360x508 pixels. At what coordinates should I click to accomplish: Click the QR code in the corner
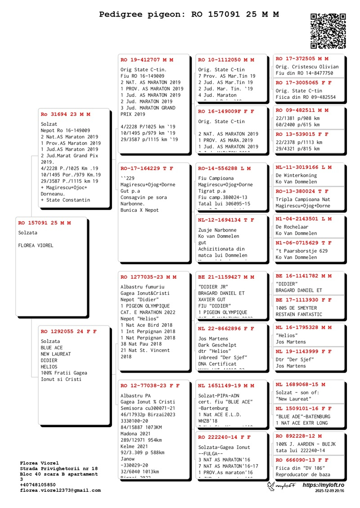tap(328, 31)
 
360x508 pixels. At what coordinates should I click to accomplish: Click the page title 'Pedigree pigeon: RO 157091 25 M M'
tap(189, 14)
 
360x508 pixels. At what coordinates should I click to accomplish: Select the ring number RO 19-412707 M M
tap(147, 60)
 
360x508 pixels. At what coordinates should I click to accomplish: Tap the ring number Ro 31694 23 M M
tap(65, 115)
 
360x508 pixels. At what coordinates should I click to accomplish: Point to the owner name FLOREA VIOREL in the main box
tap(36, 245)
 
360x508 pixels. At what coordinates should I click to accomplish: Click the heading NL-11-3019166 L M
tap(303, 167)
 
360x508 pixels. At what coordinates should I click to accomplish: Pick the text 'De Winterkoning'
tap(296, 175)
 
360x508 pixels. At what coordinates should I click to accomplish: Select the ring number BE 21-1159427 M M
tap(226, 277)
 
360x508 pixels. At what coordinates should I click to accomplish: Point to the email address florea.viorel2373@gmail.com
tap(60, 490)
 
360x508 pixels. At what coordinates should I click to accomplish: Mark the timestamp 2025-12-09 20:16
tap(329, 491)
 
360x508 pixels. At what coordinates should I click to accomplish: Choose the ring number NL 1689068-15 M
tap(300, 384)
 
